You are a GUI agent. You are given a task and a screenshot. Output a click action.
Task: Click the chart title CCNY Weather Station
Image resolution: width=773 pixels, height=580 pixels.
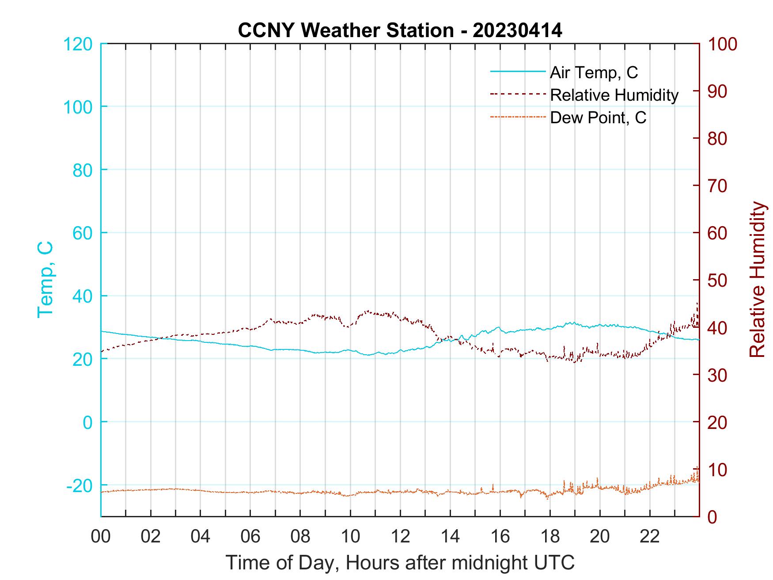click(345, 30)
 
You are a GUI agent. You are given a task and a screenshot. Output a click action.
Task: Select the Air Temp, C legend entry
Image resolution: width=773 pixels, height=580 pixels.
click(593, 72)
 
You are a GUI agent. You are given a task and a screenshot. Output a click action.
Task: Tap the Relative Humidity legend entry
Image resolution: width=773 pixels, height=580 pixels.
click(614, 95)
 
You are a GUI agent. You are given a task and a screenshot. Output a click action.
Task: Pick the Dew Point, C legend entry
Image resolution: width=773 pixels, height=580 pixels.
click(598, 118)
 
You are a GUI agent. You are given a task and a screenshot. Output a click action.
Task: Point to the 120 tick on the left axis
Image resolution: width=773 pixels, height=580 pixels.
click(78, 44)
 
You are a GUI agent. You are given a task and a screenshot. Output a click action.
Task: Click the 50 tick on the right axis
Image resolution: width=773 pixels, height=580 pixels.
click(718, 281)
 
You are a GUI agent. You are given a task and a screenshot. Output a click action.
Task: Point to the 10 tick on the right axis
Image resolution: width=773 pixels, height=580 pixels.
click(718, 470)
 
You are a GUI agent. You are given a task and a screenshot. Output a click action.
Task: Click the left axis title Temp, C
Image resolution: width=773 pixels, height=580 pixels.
click(45, 279)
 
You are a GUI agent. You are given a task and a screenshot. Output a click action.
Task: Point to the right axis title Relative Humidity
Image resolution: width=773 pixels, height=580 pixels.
click(757, 279)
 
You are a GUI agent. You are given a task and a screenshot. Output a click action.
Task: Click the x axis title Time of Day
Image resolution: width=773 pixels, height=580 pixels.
click(400, 563)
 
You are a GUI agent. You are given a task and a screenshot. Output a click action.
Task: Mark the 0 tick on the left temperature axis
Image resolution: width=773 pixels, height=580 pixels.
click(87, 422)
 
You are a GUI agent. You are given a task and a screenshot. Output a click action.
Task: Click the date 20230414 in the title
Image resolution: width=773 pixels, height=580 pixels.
click(517, 30)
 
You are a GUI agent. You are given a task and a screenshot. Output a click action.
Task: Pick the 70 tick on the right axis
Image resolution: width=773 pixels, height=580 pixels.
click(718, 186)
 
